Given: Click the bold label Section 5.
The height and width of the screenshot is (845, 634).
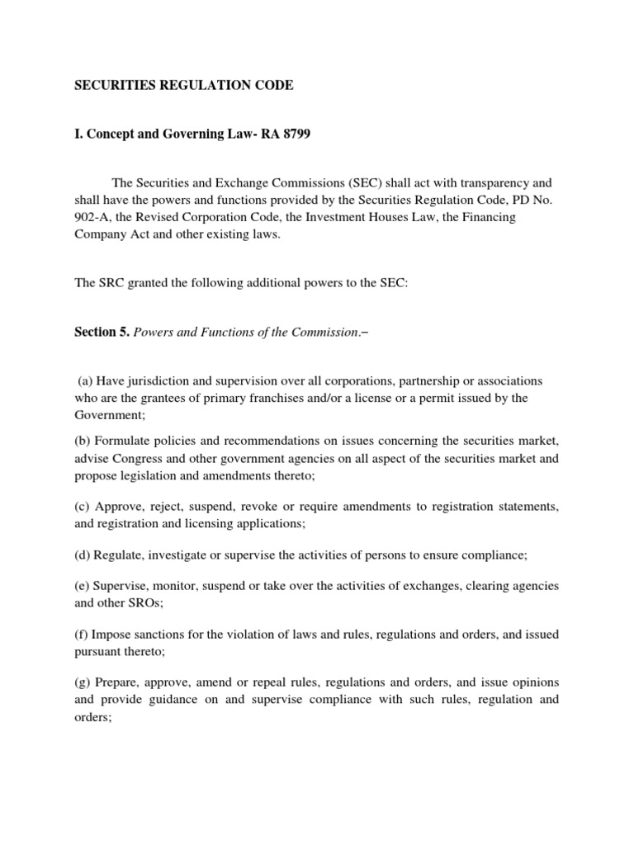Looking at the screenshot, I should [x=102, y=332].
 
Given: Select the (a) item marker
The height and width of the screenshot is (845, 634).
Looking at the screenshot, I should [x=85, y=380].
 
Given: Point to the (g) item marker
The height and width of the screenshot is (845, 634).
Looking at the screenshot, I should [x=81, y=682].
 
